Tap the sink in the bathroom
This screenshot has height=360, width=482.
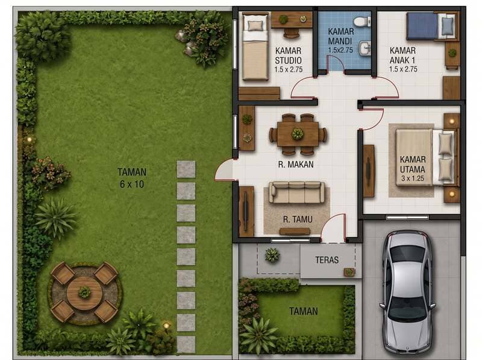pyautogui.click(x=365, y=48)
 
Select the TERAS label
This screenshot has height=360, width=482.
pyautogui.click(x=327, y=260)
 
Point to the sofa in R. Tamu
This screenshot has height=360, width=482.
pyautogui.click(x=297, y=192)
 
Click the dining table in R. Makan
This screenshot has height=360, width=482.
pyautogui.click(x=298, y=134)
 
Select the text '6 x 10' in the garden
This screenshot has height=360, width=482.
pyautogui.click(x=132, y=185)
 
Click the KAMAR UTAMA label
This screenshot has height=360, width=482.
pyautogui.click(x=413, y=164)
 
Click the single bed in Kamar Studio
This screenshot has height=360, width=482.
pyautogui.click(x=255, y=47)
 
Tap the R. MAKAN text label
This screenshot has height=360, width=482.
pyautogui.click(x=296, y=165)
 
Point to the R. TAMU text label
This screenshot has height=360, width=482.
pyautogui.click(x=298, y=219)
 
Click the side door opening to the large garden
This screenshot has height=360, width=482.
pyautogui.click(x=224, y=170)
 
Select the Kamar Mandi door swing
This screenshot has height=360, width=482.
pyautogui.click(x=336, y=63)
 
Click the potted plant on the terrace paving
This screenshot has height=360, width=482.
pyautogui.click(x=272, y=255)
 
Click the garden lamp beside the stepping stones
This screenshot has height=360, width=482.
pyautogui.click(x=166, y=325)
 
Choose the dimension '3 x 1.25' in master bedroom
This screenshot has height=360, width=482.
pyautogui.click(x=413, y=178)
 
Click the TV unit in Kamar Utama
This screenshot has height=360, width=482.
pyautogui.click(x=369, y=171)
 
